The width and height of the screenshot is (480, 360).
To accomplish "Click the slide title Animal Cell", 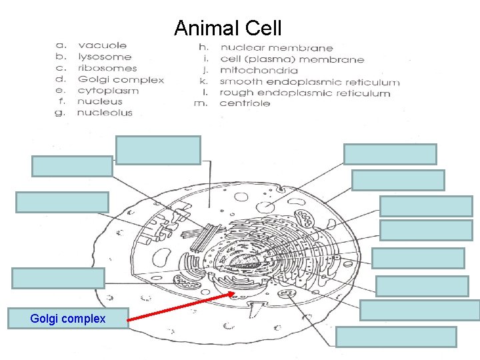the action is pos(228,28).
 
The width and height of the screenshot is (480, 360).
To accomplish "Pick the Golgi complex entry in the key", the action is pos(121,79).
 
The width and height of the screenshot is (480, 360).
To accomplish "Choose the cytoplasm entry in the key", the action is pos(108,91).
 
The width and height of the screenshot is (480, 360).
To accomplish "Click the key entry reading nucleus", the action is pos(100,101).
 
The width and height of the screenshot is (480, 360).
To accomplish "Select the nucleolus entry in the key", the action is pos(105,113).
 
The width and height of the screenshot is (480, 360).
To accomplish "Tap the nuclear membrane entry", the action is pos(277,48).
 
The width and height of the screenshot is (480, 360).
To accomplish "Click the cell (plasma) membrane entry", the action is pos(292,59).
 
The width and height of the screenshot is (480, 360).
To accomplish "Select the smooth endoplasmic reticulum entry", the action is pos(310,82).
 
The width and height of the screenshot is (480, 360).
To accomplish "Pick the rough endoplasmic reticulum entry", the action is pos(305,93).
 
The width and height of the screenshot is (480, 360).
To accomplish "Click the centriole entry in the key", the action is pos(245,103).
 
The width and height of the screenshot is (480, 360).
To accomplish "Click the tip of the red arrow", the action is pos(234,292).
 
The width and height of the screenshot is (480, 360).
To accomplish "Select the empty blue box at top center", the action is pos(158,150).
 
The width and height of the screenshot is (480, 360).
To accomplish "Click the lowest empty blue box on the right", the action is pos(396,337).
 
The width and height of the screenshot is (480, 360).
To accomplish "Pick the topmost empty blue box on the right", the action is pos(390,154).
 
